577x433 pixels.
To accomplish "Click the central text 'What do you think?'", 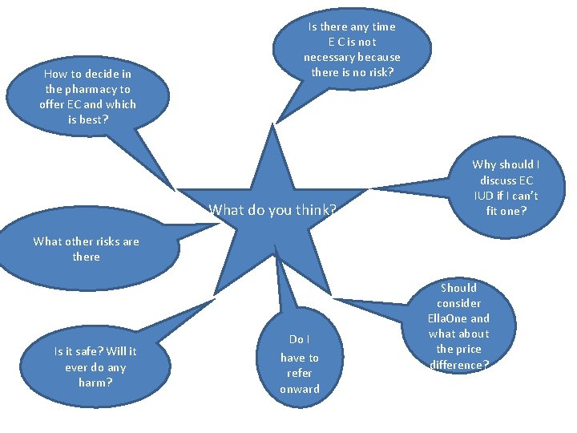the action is pyautogui.click(x=272, y=211).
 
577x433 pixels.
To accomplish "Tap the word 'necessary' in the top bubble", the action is pyautogui.click(x=330, y=57).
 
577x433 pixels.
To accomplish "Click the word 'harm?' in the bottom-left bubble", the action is pyautogui.click(x=95, y=382).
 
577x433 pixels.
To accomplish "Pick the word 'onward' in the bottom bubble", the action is pyautogui.click(x=299, y=389).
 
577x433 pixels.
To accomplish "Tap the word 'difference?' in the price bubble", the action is pyautogui.click(x=458, y=364).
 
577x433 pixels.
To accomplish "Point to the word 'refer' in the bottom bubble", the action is pyautogui.click(x=299, y=373).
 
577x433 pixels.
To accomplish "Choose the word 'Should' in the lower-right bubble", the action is pyautogui.click(x=458, y=288).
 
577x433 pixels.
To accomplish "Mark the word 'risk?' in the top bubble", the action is pyautogui.click(x=379, y=72).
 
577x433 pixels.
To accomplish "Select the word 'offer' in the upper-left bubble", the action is pyautogui.click(x=53, y=104).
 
